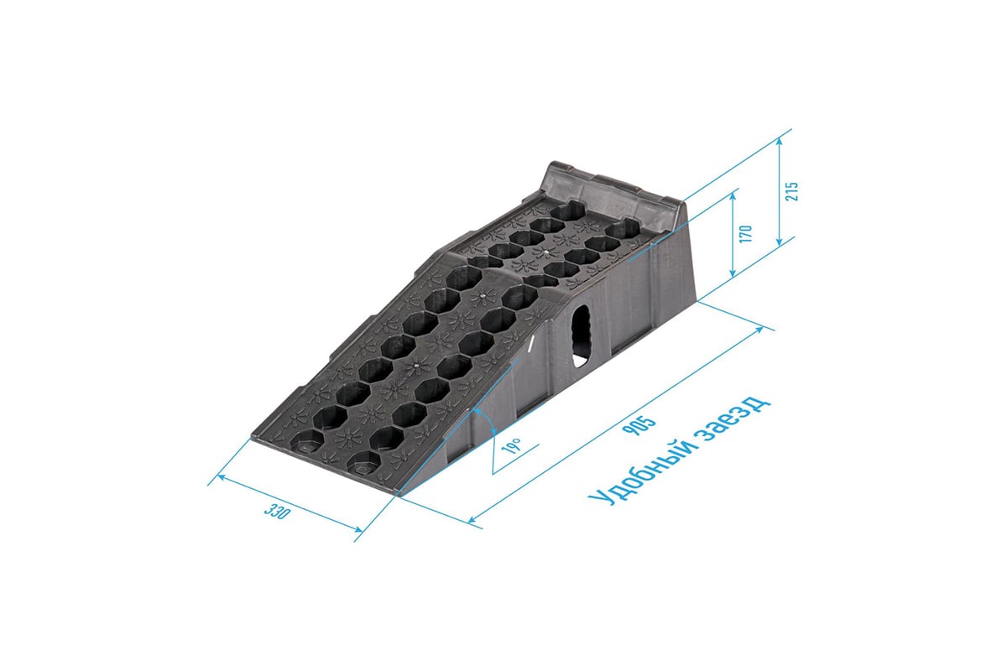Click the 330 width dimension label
[x=277, y=512]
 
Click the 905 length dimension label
[x=638, y=424]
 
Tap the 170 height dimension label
[x=745, y=234]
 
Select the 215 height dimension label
[x=792, y=191]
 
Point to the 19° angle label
[x=512, y=446]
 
